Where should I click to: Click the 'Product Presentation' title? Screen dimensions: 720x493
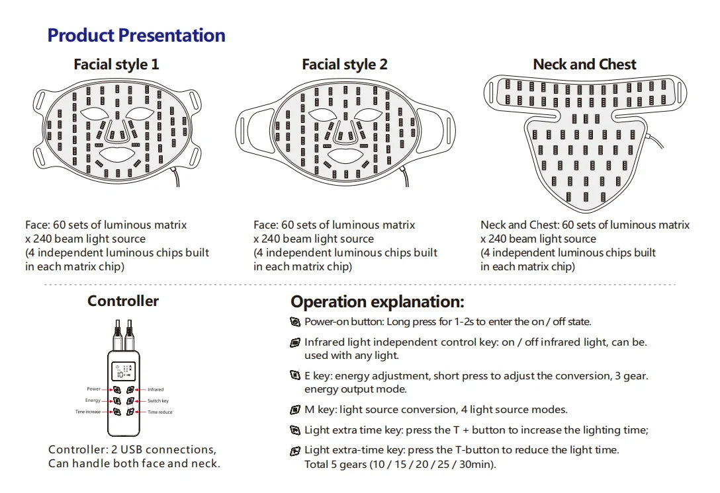tap(136, 35)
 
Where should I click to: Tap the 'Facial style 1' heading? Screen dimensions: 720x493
tap(116, 64)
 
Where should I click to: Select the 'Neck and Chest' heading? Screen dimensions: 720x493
tap(584, 64)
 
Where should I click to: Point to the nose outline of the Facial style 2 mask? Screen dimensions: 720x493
tap(345, 130)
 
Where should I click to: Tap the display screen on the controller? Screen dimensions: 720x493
tap(124, 371)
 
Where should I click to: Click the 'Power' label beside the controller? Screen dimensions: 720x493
tap(94, 389)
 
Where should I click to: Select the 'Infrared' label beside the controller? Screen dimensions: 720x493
tap(156, 389)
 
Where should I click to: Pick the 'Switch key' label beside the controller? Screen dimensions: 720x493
tap(158, 401)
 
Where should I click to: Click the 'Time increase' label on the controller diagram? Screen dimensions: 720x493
tap(88, 412)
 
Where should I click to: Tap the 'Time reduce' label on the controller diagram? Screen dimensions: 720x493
tap(159, 412)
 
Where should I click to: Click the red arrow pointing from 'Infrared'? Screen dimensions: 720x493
tap(140, 390)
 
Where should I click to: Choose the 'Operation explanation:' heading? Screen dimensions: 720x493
tap(377, 302)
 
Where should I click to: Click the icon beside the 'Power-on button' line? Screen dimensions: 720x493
tap(295, 321)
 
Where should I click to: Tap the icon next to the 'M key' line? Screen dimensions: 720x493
tap(295, 410)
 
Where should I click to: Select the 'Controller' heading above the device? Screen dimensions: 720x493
tap(123, 301)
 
